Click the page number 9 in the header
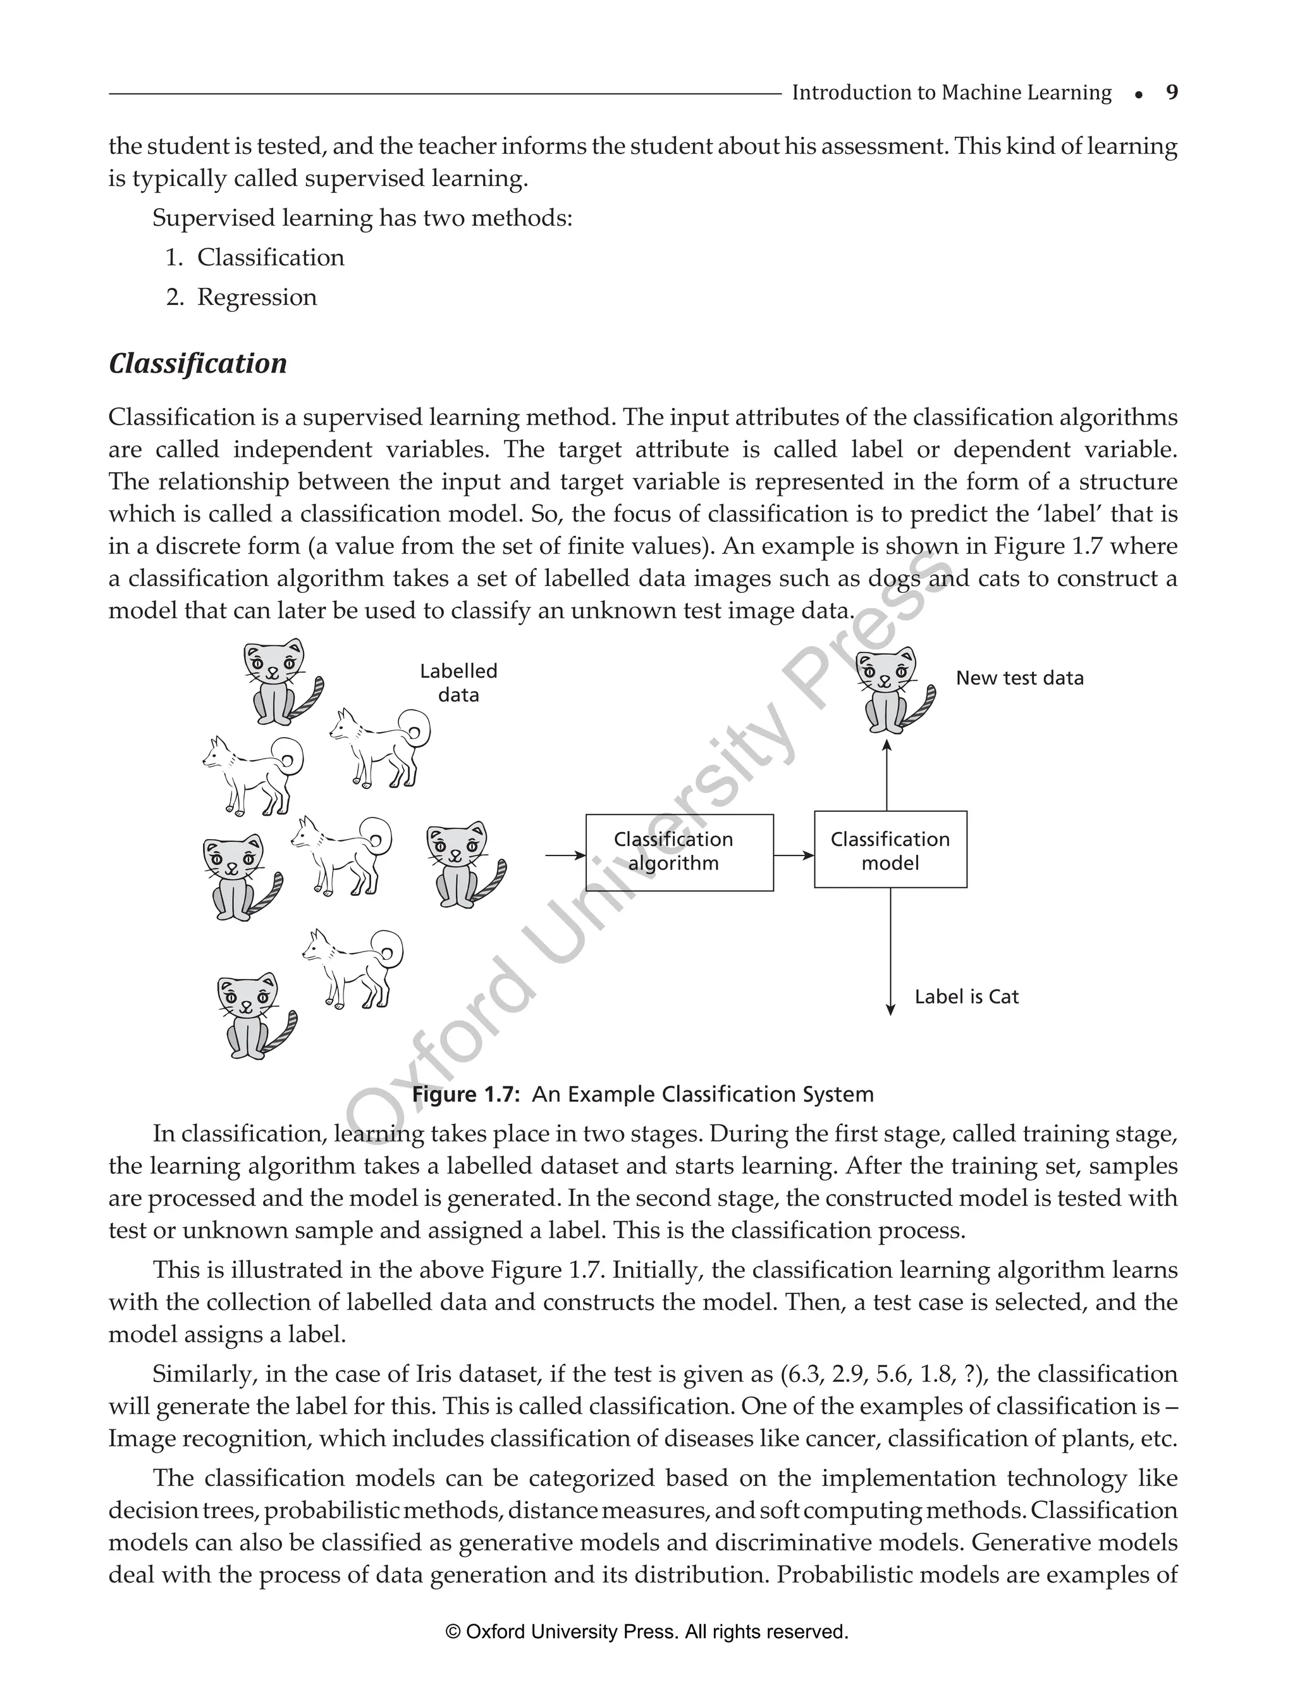(1172, 93)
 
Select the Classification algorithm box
(679, 852)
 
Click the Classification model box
(890, 850)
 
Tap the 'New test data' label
(1019, 678)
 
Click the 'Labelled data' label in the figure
(458, 683)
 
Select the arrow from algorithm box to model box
(793, 854)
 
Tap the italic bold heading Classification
(197, 363)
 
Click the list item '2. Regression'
(242, 297)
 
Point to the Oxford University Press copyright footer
(647, 1632)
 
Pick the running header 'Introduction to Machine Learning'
(951, 93)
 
